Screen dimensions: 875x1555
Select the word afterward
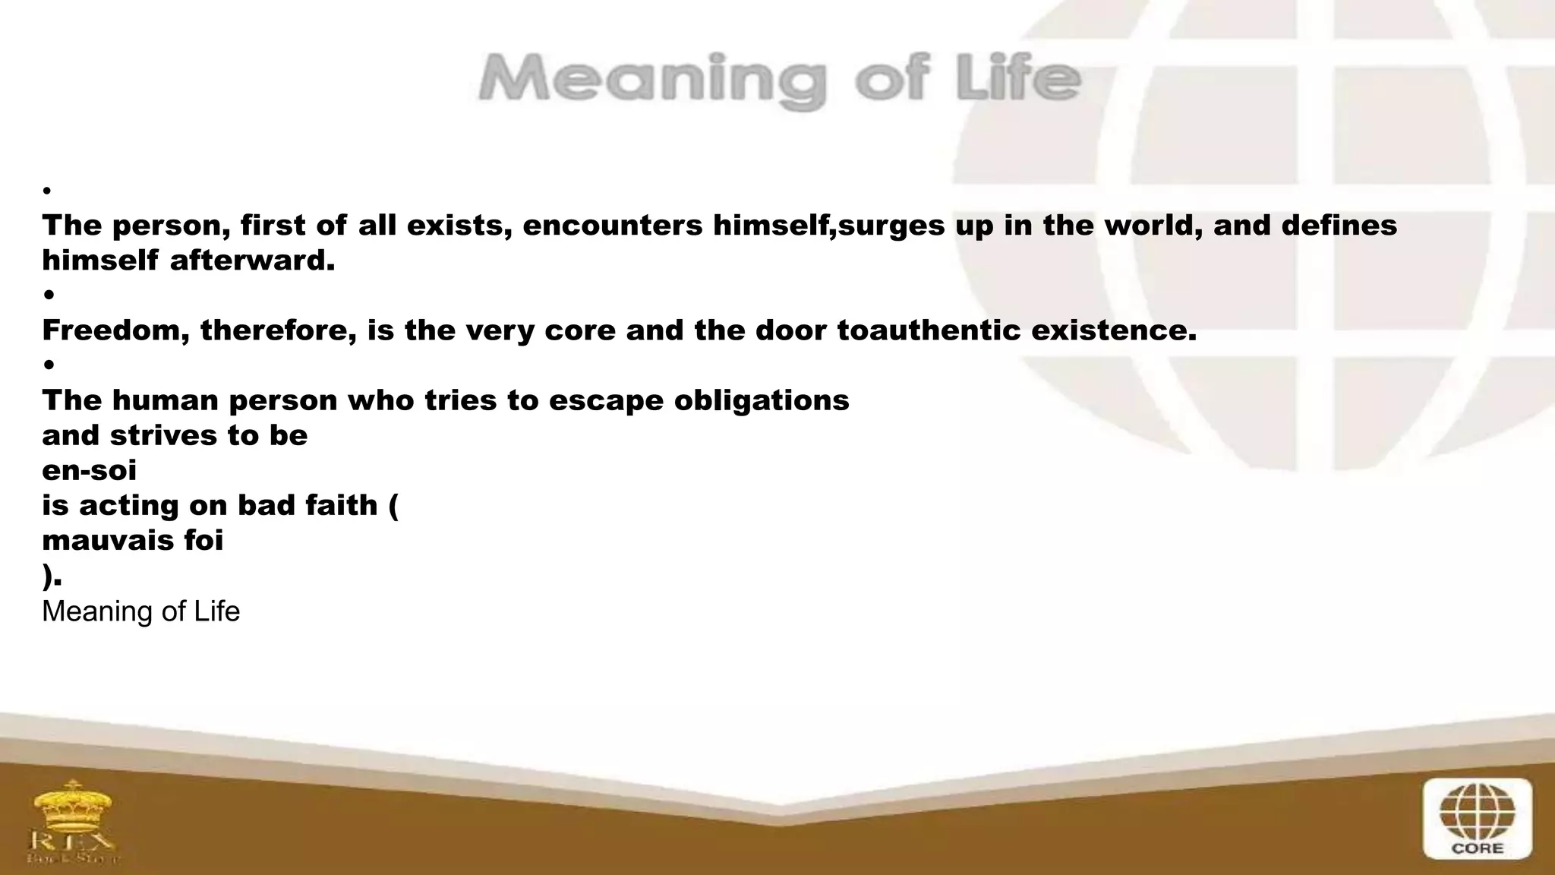(x=252, y=261)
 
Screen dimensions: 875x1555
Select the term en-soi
(x=89, y=470)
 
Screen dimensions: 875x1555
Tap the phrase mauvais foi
(x=132, y=540)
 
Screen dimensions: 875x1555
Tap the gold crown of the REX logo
(x=73, y=806)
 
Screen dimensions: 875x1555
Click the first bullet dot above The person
(x=47, y=191)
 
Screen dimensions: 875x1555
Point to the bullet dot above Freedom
(x=49, y=295)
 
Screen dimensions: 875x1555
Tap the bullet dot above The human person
(x=49, y=365)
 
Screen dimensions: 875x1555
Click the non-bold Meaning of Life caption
(x=140, y=611)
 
